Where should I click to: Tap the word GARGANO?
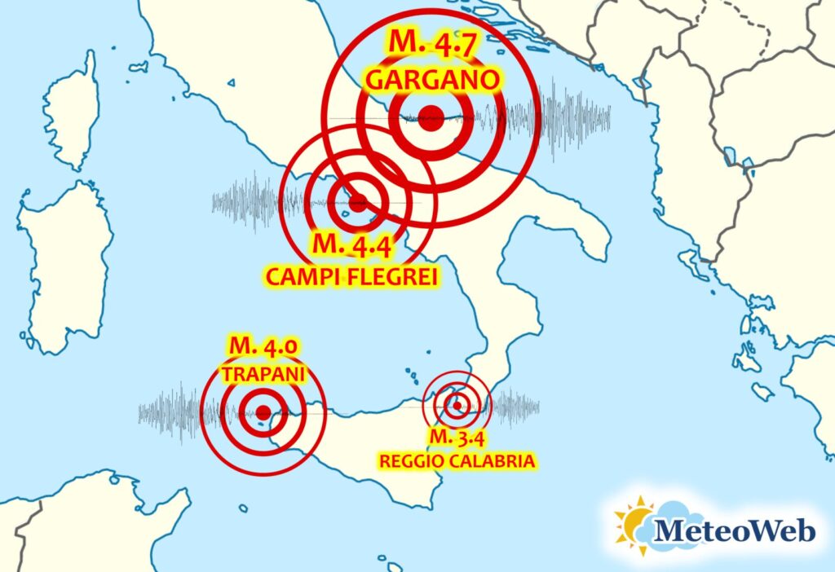[431, 80]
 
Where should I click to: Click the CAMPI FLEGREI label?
[353, 277]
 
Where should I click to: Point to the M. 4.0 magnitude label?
[262, 348]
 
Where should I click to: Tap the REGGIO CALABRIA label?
[457, 462]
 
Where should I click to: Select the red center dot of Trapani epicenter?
[263, 413]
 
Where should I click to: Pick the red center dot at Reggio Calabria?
[458, 405]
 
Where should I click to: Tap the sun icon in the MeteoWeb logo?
[631, 524]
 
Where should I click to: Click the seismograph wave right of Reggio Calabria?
[516, 405]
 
